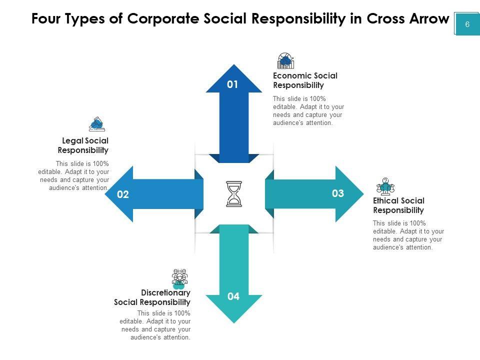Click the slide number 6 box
(467, 24)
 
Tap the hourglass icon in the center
(234, 194)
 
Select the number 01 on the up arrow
(232, 84)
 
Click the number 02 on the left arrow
(123, 194)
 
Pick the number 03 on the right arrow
(338, 193)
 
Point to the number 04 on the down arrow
(233, 296)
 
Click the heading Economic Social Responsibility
(305, 80)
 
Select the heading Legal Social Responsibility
(83, 145)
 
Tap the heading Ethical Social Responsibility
(398, 205)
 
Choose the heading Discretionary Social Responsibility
(152, 297)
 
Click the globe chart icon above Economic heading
(285, 61)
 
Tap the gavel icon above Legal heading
(96, 123)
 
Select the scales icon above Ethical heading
(385, 186)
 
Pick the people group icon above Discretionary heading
(179, 278)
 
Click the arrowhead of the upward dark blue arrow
(234, 75)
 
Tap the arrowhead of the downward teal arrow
(234, 307)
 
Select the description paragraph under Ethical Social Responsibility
(408, 235)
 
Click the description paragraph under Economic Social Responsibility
(308, 110)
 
